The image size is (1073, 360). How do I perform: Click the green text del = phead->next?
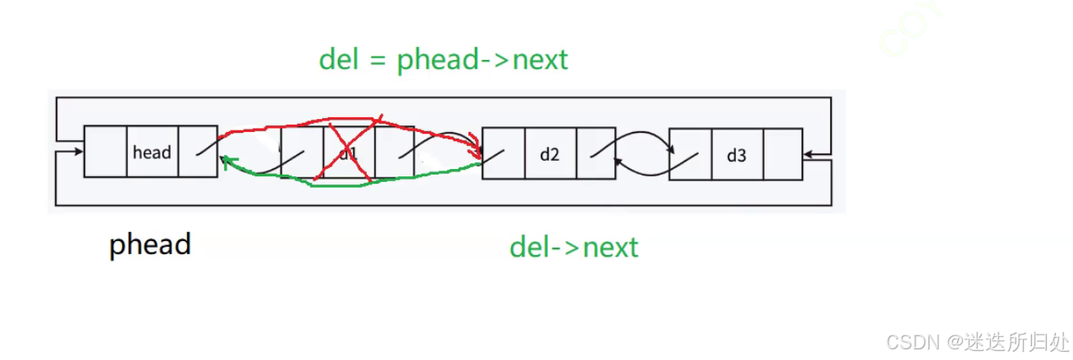tap(443, 59)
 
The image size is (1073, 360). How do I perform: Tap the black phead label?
tap(150, 244)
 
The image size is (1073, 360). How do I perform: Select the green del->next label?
tap(573, 246)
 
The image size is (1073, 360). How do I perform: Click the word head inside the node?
tap(152, 153)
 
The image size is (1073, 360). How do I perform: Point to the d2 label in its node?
tap(550, 153)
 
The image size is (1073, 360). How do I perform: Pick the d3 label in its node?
tap(737, 154)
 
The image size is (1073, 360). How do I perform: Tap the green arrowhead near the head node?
tap(226, 162)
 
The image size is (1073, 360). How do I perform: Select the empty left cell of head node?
tap(106, 152)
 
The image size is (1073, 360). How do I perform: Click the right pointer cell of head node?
tap(198, 152)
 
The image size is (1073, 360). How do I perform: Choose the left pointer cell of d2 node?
tap(504, 153)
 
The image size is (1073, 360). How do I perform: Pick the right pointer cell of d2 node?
tap(596, 153)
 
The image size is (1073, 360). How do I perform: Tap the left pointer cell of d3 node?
tap(691, 154)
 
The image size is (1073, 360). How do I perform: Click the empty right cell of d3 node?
tap(783, 154)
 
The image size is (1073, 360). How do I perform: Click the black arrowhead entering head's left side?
tap(79, 152)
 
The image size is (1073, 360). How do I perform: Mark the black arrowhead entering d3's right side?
tap(808, 154)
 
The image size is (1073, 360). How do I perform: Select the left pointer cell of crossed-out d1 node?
tap(303, 153)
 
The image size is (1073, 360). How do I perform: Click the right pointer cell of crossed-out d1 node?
tap(395, 153)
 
